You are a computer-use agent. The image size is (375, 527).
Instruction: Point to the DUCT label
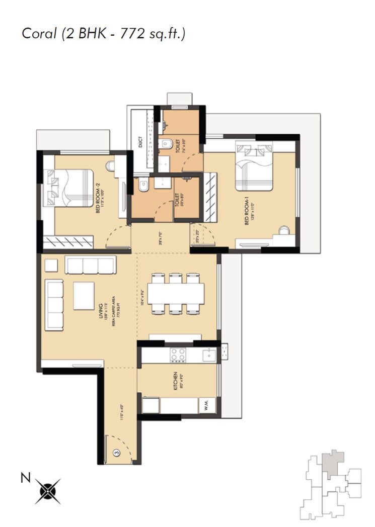point(141,142)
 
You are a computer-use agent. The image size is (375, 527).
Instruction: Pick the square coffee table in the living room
point(84,294)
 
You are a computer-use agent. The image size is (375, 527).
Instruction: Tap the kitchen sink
point(208,355)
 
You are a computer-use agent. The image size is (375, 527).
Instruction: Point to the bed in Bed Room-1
point(255,169)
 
